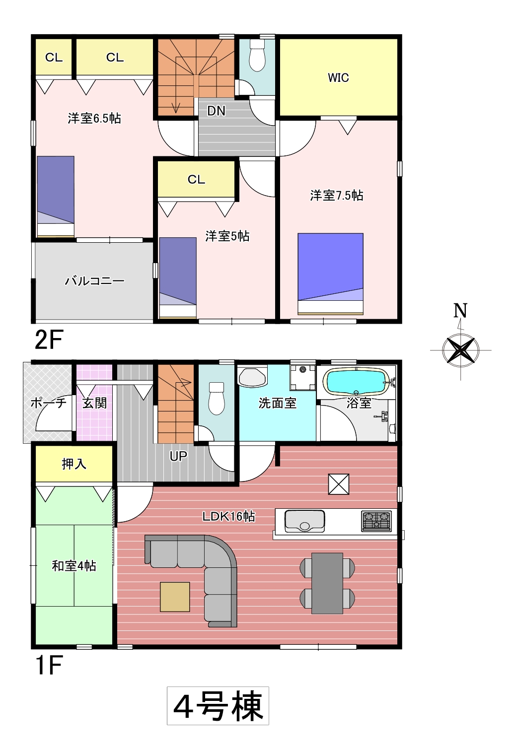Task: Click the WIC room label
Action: tap(338, 77)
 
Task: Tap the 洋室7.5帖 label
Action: tap(337, 196)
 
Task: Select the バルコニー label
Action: tap(94, 281)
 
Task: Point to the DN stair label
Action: tap(216, 111)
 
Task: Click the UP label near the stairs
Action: tap(178, 456)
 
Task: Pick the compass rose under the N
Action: tap(461, 350)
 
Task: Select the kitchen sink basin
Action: tap(304, 521)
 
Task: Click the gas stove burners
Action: tap(376, 521)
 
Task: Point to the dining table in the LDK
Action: tap(327, 583)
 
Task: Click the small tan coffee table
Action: tap(175, 597)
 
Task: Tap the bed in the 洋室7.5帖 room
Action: tap(330, 274)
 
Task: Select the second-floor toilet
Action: tap(257, 56)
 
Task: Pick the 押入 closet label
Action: tap(74, 464)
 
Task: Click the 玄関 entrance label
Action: tap(94, 403)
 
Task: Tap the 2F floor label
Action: tap(49, 340)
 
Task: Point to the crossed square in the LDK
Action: tap(339, 484)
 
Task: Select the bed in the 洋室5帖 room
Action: tap(178, 277)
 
